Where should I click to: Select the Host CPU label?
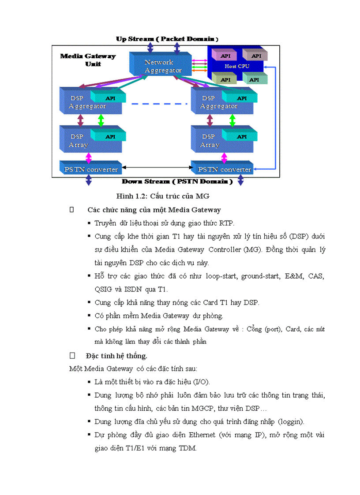click(x=237, y=66)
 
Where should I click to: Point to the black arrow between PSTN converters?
click(x=156, y=167)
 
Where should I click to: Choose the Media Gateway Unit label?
click(x=88, y=60)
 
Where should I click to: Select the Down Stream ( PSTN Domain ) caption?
click(x=177, y=181)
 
